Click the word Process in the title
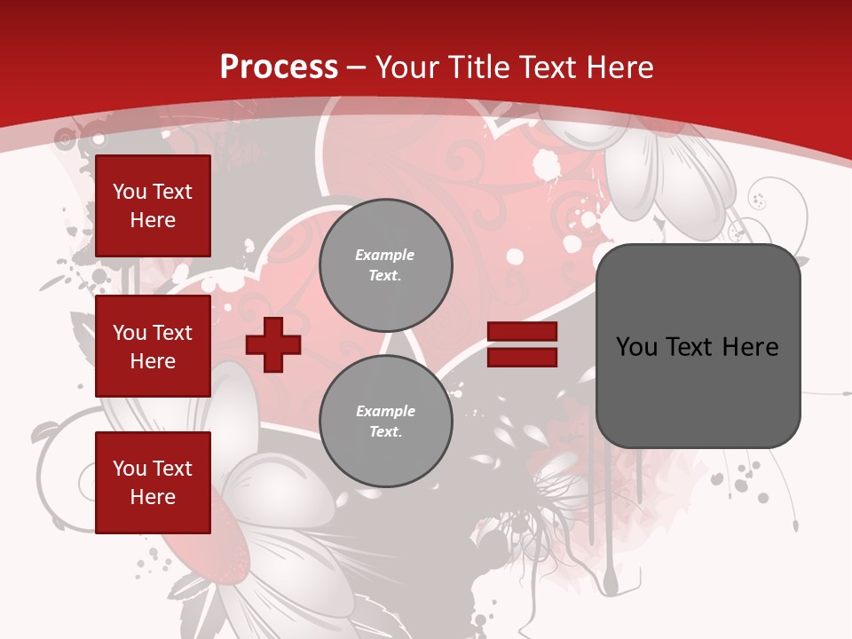[x=279, y=67]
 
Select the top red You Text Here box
[x=153, y=206]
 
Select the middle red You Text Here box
[x=153, y=346]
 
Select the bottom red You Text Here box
[x=153, y=482]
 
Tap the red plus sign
[x=272, y=344]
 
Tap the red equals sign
[x=522, y=344]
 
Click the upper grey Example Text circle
[x=385, y=264]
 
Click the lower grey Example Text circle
[x=385, y=421]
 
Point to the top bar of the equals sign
[x=522, y=332]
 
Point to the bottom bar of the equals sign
[x=522, y=357]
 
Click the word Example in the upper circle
[x=384, y=255]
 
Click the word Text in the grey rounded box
[x=690, y=347]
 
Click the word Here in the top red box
[x=153, y=220]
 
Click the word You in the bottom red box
[x=130, y=469]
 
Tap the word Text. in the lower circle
[x=385, y=431]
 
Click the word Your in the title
[x=406, y=67]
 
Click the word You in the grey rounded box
[x=636, y=347]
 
